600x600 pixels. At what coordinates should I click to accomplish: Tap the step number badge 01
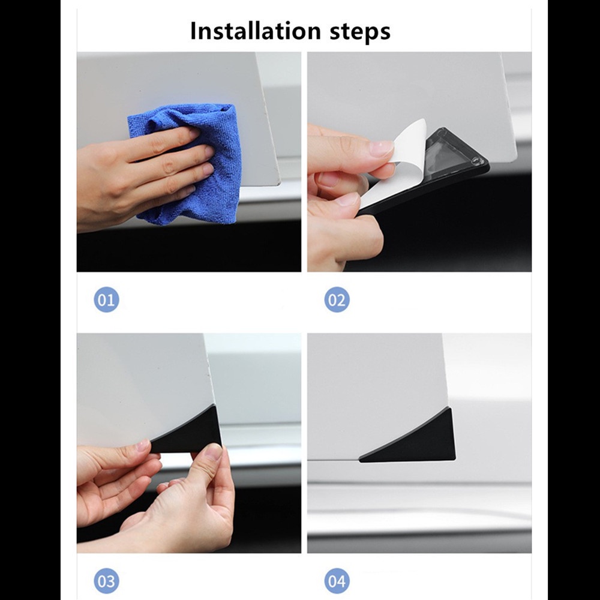pyautogui.click(x=106, y=299)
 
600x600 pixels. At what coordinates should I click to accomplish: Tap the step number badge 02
pyautogui.click(x=337, y=299)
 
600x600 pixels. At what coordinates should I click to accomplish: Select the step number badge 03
pyautogui.click(x=106, y=581)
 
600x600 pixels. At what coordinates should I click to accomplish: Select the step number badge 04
pyautogui.click(x=337, y=581)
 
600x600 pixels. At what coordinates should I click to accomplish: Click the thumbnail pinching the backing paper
pyautogui.click(x=381, y=148)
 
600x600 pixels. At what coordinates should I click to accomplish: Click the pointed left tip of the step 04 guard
pyautogui.click(x=359, y=460)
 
